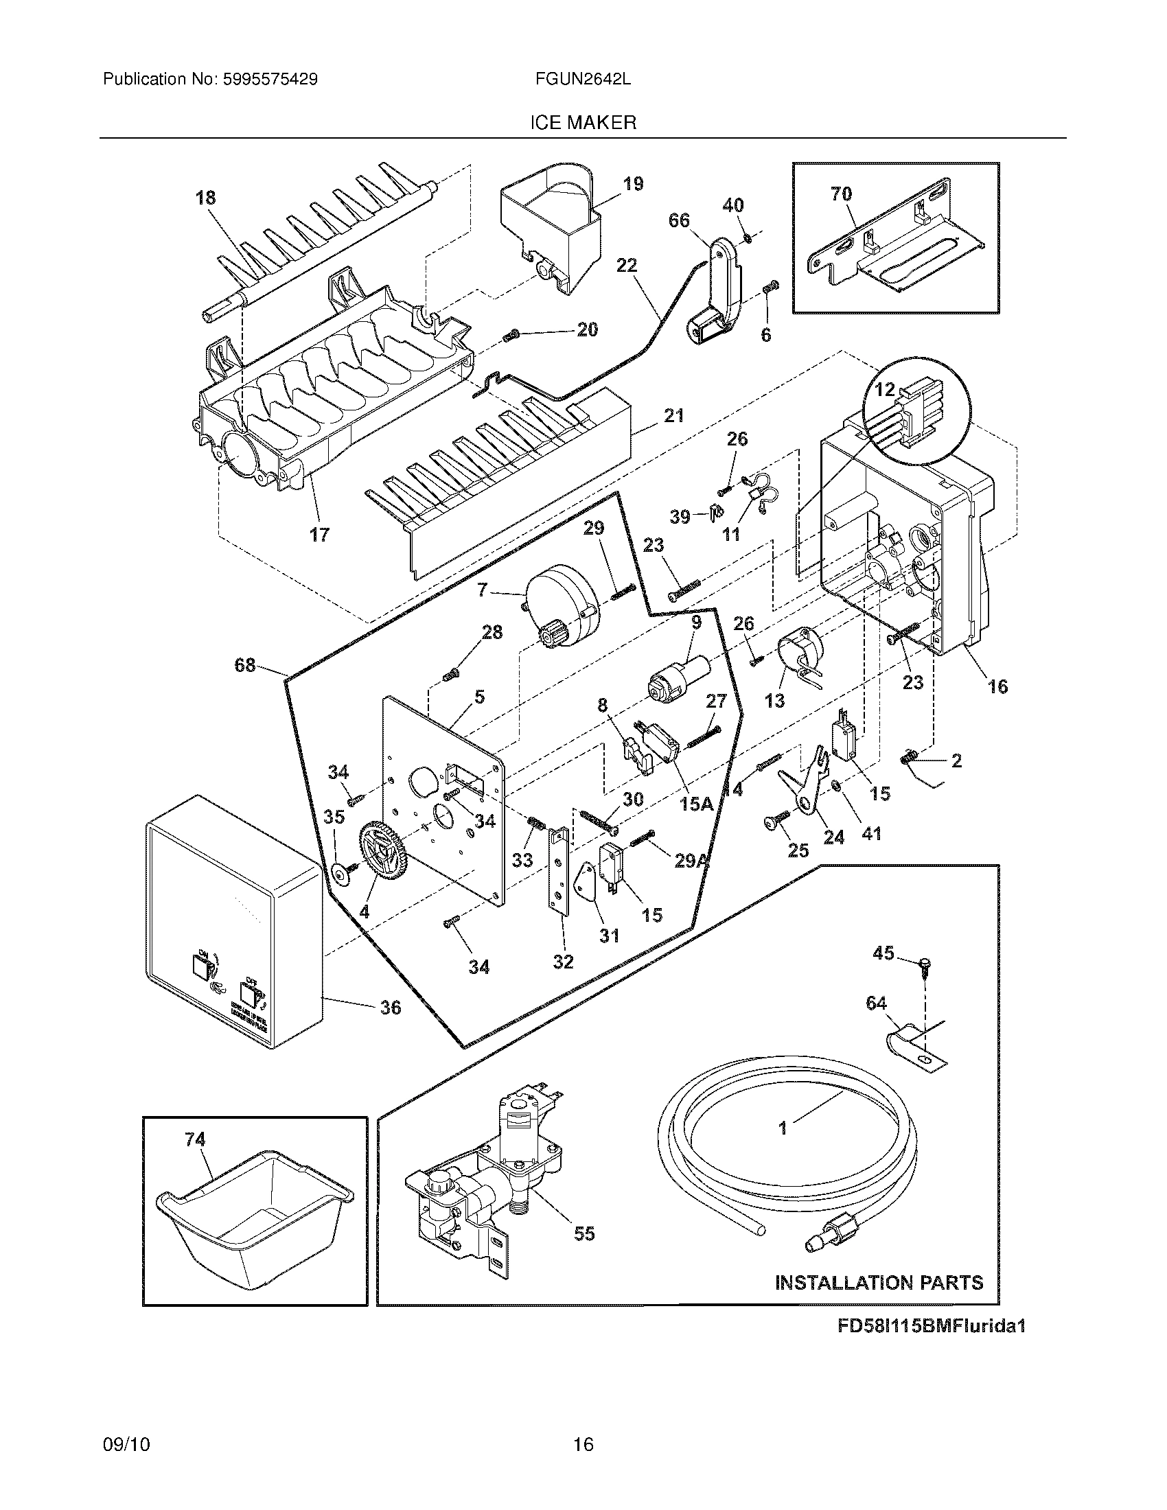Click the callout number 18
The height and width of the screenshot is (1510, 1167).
205,198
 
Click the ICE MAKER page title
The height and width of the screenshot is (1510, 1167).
583,123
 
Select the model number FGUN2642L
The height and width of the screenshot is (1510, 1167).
583,80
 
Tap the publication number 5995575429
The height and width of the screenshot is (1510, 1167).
270,80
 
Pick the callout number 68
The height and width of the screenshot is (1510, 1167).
245,665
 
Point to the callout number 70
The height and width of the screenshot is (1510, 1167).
841,194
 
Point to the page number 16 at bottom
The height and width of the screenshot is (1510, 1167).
583,1444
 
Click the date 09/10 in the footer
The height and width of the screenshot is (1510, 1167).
126,1444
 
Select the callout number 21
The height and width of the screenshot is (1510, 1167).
673,415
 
